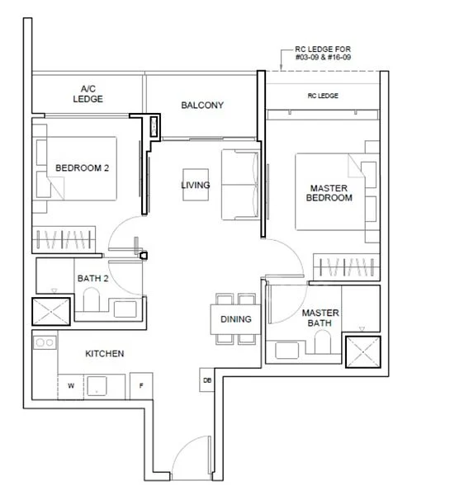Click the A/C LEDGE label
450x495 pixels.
point(88,94)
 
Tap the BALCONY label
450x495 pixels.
point(202,106)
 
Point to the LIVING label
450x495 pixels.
point(196,185)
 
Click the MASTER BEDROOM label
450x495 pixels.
point(328,193)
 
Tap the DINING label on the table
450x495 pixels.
point(235,319)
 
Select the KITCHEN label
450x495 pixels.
point(105,354)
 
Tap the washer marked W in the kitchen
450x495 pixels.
point(70,384)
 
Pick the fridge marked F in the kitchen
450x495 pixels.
point(141,384)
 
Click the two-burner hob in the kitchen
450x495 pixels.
point(45,342)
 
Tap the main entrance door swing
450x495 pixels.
point(192,462)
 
